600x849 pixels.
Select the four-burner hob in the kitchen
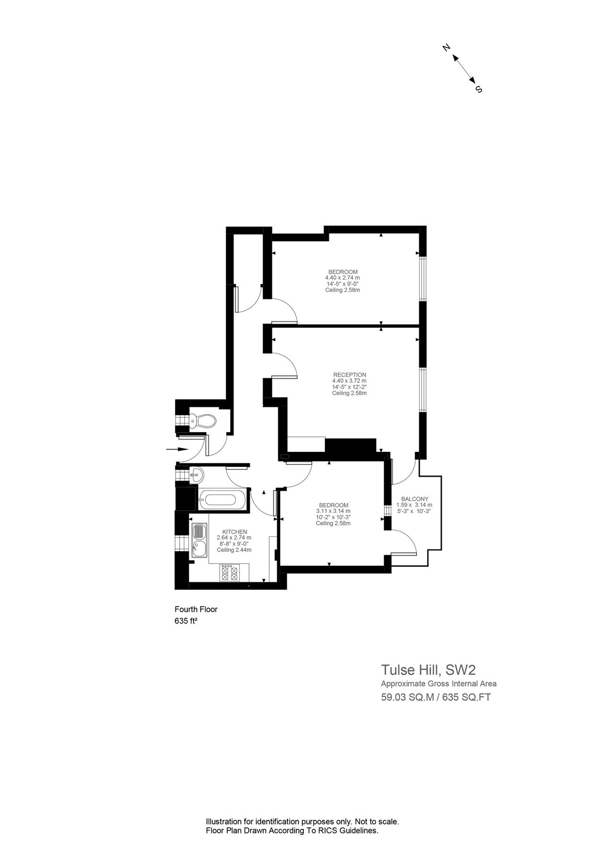(x=229, y=573)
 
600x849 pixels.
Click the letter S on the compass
(x=479, y=89)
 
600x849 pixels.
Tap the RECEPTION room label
(x=349, y=375)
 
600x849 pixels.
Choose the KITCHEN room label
(x=234, y=532)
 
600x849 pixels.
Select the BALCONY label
(x=415, y=499)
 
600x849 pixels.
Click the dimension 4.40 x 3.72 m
(x=349, y=381)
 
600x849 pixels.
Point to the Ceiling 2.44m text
(x=234, y=550)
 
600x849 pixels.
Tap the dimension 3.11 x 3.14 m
(x=333, y=511)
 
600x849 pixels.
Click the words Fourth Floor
(x=196, y=609)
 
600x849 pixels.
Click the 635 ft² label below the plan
(x=185, y=621)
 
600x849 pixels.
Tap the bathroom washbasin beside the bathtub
(x=197, y=474)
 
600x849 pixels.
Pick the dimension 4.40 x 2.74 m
(x=342, y=278)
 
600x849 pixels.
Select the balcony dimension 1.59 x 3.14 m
(x=414, y=505)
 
